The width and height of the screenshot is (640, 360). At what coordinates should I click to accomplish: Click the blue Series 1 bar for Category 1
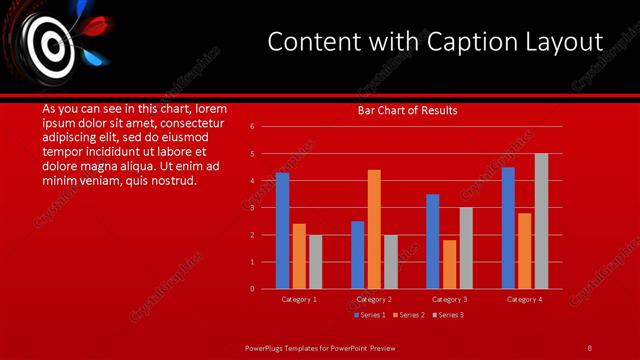(x=282, y=231)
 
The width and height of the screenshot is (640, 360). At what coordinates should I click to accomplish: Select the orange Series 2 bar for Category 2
(x=374, y=229)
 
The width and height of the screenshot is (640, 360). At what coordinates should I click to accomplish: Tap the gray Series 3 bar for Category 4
(x=541, y=221)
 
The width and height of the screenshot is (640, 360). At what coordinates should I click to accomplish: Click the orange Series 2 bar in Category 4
(x=525, y=251)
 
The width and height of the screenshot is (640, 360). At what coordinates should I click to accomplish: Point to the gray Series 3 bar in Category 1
(x=316, y=262)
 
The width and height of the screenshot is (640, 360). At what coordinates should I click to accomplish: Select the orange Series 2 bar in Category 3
(x=449, y=264)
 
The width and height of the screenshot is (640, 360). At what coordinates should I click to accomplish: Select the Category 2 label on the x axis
(x=374, y=299)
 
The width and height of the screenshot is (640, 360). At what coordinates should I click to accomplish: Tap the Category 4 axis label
(x=524, y=299)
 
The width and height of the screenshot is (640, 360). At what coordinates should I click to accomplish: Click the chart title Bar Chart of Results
(x=408, y=110)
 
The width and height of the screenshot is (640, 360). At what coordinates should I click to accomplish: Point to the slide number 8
(x=589, y=348)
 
